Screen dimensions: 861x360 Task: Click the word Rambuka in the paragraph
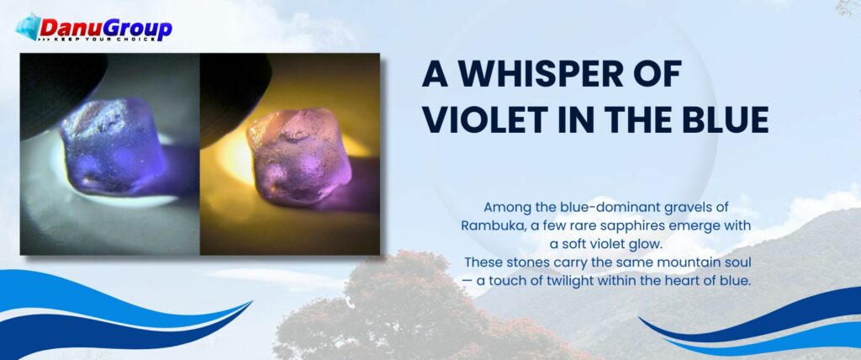point(491,226)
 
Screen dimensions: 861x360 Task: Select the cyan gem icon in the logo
point(28,26)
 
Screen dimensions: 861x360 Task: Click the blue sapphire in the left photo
point(114,146)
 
